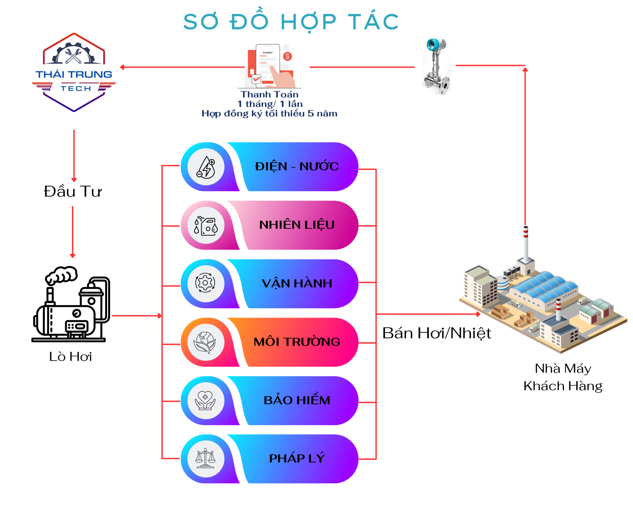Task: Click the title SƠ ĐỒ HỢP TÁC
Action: point(291,22)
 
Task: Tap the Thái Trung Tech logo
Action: point(74,73)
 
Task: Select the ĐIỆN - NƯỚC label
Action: point(297,166)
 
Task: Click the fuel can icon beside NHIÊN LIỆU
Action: point(206,226)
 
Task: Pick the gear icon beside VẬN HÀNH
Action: point(205,283)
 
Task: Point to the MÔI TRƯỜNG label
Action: point(297,342)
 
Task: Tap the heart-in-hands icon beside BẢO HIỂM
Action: point(205,400)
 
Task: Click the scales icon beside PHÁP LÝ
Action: point(205,458)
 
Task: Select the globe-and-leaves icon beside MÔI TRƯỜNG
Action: point(205,342)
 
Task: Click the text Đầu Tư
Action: point(73,192)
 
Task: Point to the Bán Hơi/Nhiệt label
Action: point(437,333)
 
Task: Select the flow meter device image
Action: point(437,66)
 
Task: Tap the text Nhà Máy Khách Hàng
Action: point(563,377)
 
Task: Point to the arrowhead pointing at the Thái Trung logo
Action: point(122,67)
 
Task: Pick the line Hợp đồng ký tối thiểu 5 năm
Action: point(269,113)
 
